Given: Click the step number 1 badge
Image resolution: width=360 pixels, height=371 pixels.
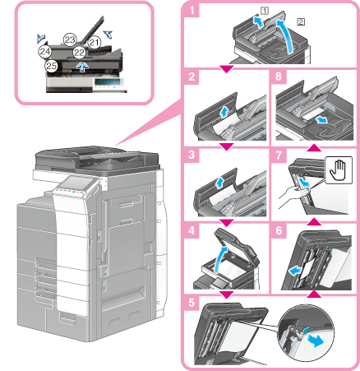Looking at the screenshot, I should (x=191, y=12).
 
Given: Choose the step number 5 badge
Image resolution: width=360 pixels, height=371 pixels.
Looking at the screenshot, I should (x=191, y=302).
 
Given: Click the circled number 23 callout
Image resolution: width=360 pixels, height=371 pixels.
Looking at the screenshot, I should (x=70, y=39).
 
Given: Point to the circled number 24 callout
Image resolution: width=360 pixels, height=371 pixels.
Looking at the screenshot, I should (x=44, y=51).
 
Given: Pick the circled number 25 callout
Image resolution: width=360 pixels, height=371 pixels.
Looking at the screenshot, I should (x=51, y=65).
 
